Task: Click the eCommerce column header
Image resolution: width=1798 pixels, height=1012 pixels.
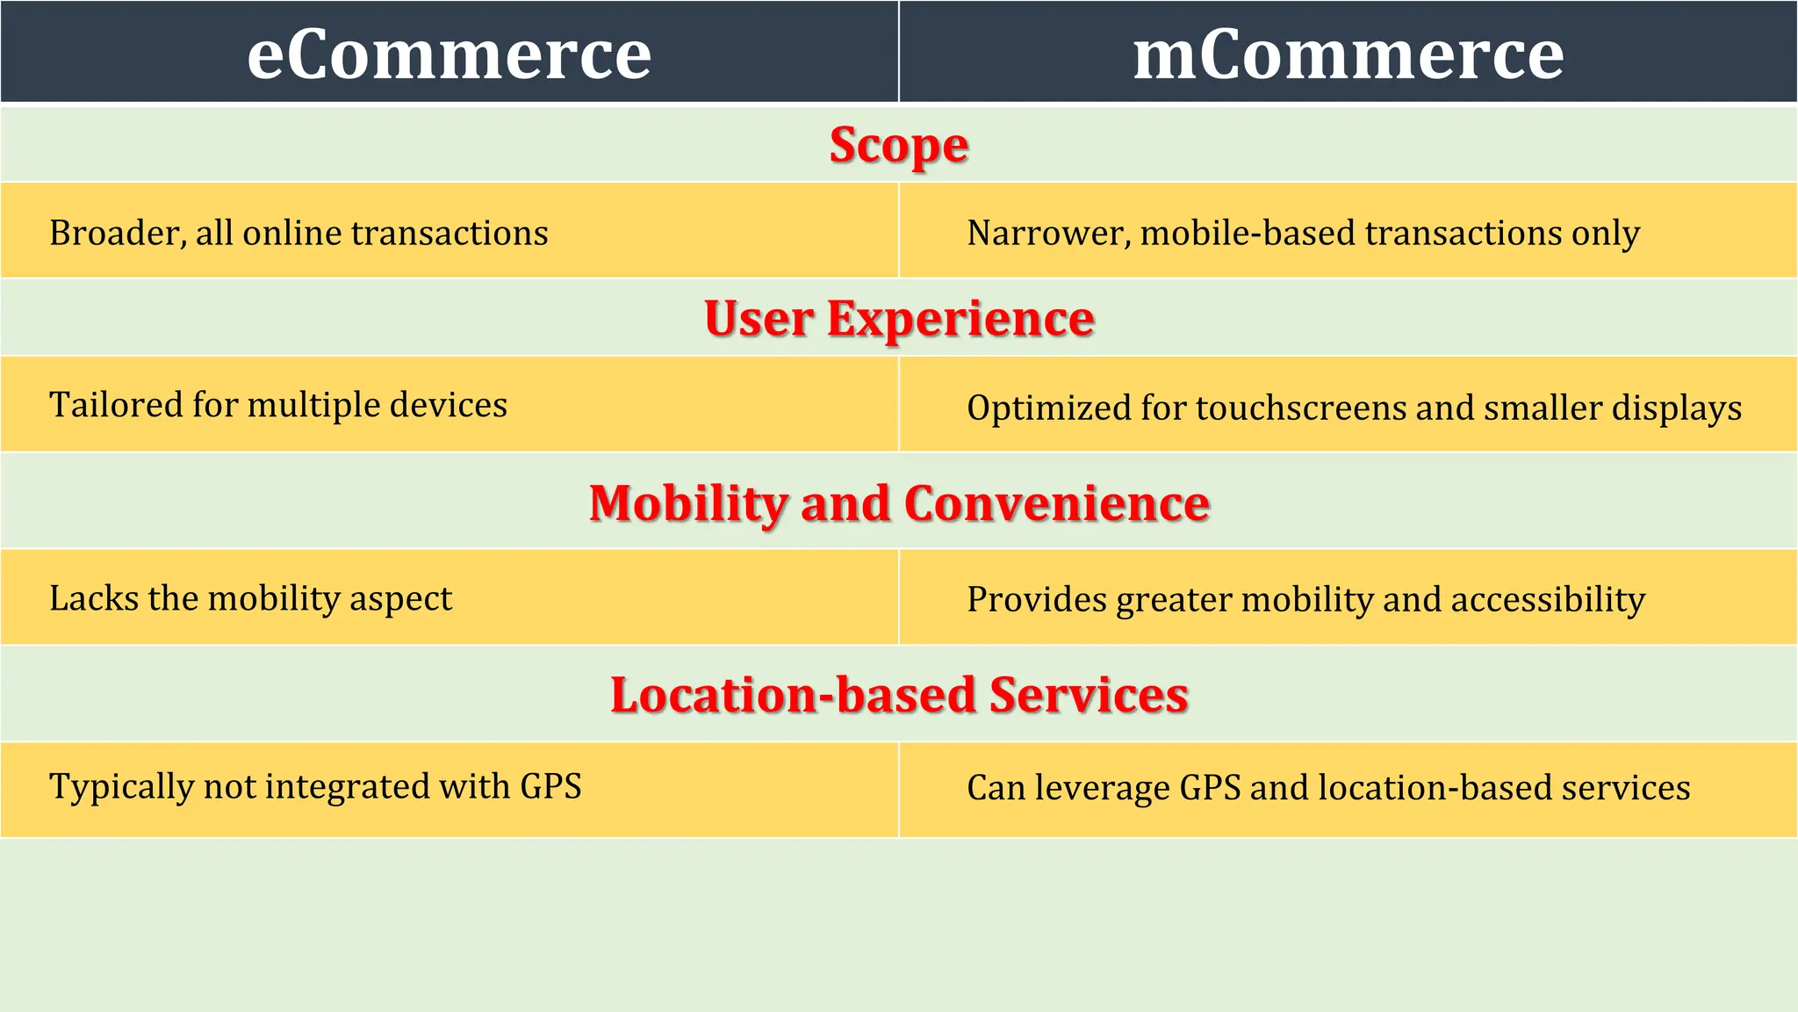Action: [449, 54]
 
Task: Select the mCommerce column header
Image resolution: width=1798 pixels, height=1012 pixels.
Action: [1348, 54]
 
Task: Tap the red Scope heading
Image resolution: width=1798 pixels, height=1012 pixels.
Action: [899, 145]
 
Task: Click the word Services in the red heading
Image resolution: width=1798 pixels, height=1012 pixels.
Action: [1089, 695]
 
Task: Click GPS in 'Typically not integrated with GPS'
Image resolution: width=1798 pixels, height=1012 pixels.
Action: [550, 786]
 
